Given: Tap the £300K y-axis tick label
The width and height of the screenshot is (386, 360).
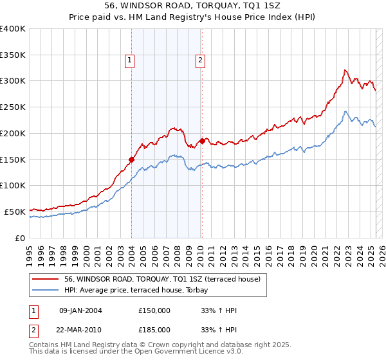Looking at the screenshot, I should pos(12,81).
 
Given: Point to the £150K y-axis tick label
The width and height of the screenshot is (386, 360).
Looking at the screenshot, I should pos(12,159).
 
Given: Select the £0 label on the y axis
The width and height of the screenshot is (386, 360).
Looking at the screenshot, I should pos(20,238).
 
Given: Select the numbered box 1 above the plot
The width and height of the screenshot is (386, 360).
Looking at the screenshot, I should pos(129,60).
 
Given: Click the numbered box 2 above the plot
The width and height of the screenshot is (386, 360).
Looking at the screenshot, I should pos(200,60).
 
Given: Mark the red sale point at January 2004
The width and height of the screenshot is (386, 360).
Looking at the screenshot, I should pos(131,159).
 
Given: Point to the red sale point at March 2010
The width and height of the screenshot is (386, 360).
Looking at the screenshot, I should pos(202,141).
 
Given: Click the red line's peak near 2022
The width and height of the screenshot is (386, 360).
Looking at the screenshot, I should pos(345,69).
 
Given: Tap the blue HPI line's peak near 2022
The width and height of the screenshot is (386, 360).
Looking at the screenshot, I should pos(345,111).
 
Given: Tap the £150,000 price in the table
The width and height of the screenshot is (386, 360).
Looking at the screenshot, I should pos(154,310).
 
